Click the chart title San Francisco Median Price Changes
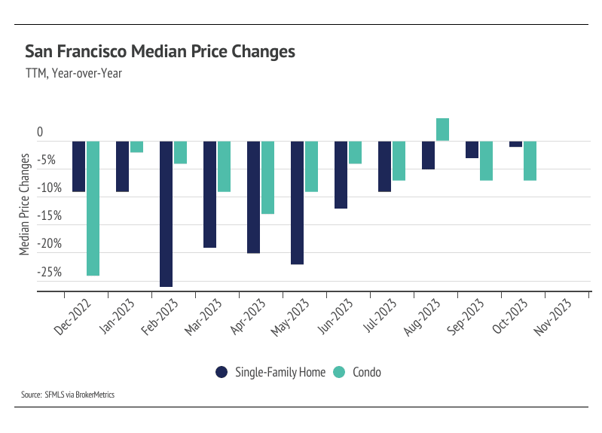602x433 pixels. (x=160, y=52)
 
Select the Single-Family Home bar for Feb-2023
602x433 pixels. (x=166, y=213)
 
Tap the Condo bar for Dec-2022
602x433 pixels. (x=93, y=208)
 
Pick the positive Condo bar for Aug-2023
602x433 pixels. (x=442, y=130)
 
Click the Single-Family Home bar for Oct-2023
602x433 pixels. (x=515, y=144)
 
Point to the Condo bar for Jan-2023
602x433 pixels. (x=136, y=147)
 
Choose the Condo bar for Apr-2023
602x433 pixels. (x=267, y=177)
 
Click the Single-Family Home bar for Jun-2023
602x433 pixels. (x=341, y=174)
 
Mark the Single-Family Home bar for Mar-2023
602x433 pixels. (x=209, y=194)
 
